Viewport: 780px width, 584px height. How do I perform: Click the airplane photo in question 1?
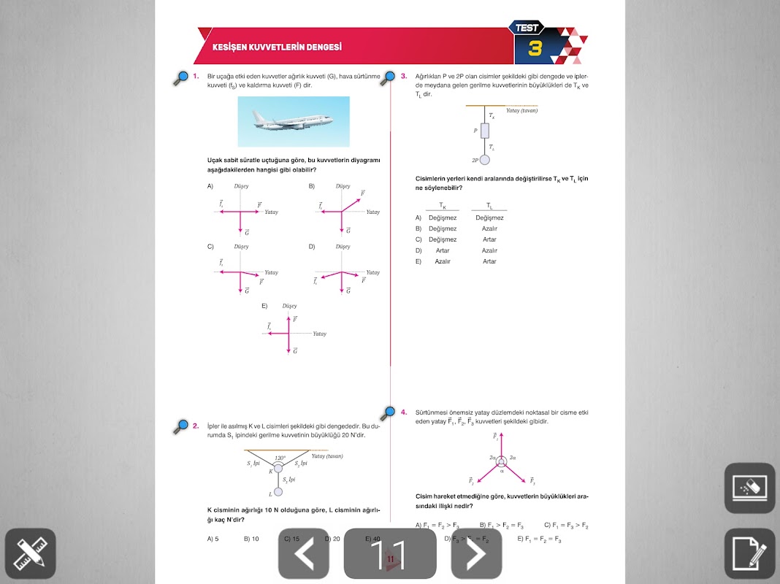294,121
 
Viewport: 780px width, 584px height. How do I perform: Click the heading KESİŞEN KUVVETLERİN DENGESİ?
277,47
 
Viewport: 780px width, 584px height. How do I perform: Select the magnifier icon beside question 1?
180,78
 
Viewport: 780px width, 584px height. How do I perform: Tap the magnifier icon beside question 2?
180,427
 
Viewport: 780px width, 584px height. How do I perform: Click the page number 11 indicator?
390,554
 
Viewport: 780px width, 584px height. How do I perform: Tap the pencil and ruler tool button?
30,553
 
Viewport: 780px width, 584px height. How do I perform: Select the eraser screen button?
749,488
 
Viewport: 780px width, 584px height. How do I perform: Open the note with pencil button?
749,553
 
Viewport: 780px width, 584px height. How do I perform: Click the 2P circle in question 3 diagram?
484,159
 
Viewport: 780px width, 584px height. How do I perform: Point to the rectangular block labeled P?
484,131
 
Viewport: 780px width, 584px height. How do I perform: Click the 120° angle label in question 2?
280,458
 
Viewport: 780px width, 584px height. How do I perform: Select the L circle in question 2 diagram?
278,493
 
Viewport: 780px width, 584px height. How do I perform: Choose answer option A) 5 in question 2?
213,539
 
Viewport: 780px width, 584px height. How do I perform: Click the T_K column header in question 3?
443,207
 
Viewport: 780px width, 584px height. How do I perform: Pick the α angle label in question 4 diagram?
502,471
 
